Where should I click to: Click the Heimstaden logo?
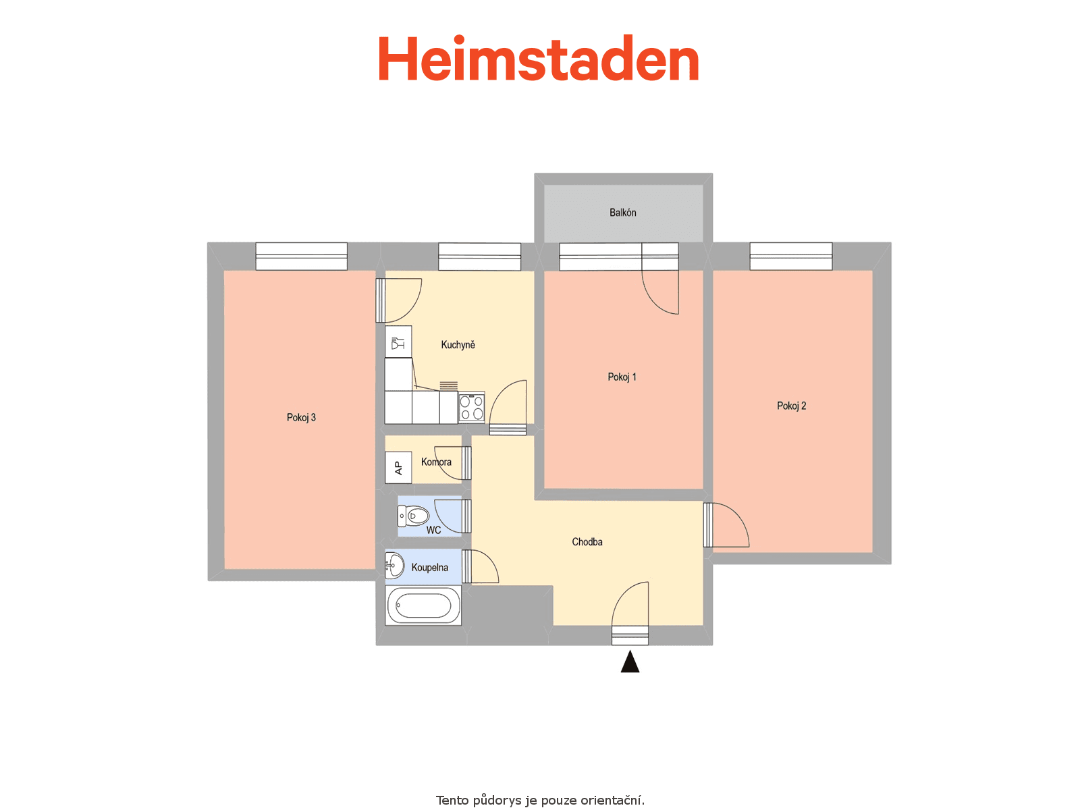coord(538,58)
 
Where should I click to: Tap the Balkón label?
coord(622,213)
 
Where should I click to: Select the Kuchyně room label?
coord(458,345)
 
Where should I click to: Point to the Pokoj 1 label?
coord(622,377)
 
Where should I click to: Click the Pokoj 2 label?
coord(791,406)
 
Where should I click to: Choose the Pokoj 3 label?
coord(301,418)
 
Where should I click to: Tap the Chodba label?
coord(587,542)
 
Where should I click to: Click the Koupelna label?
coord(429,568)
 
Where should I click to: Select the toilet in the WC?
coord(413,516)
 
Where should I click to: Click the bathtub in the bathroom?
coord(423,605)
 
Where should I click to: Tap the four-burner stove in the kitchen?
coord(471,407)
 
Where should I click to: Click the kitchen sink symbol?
coord(398,342)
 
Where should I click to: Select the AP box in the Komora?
coord(398,468)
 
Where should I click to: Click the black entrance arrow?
coord(630,661)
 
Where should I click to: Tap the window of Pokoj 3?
coord(301,256)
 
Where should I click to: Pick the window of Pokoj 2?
coord(790,256)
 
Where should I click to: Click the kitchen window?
coord(479,256)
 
